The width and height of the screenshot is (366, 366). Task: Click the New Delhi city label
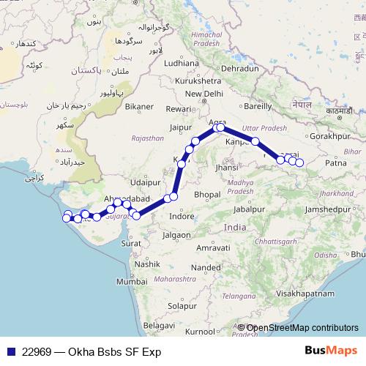point(204,94)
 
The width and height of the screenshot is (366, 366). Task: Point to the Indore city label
point(182,217)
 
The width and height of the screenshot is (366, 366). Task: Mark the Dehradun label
point(241,68)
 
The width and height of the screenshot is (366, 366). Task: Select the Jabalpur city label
point(248,209)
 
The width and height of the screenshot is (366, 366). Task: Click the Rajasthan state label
point(147,138)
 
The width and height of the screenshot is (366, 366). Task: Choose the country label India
point(235,228)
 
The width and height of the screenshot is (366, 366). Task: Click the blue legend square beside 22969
point(10,351)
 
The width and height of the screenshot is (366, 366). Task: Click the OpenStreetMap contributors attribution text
point(302,328)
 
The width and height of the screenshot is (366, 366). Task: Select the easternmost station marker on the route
point(299,162)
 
